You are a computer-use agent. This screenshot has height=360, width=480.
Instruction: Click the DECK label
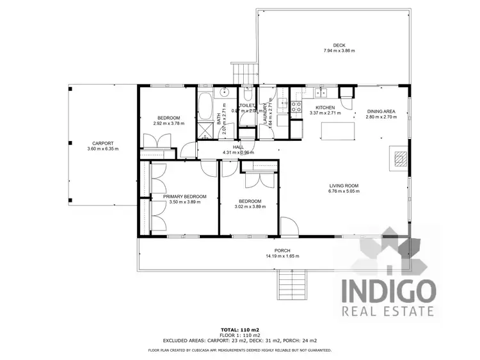(330, 45)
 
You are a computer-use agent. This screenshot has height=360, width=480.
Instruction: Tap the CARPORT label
(102, 143)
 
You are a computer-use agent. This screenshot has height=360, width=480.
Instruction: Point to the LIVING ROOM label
(343, 186)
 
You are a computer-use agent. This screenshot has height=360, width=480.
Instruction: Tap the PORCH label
(282, 250)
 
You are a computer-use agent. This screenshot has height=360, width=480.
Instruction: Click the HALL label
(239, 147)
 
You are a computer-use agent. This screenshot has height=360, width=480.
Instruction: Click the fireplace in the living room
(399, 158)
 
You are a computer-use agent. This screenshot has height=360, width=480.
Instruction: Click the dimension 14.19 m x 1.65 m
(282, 256)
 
